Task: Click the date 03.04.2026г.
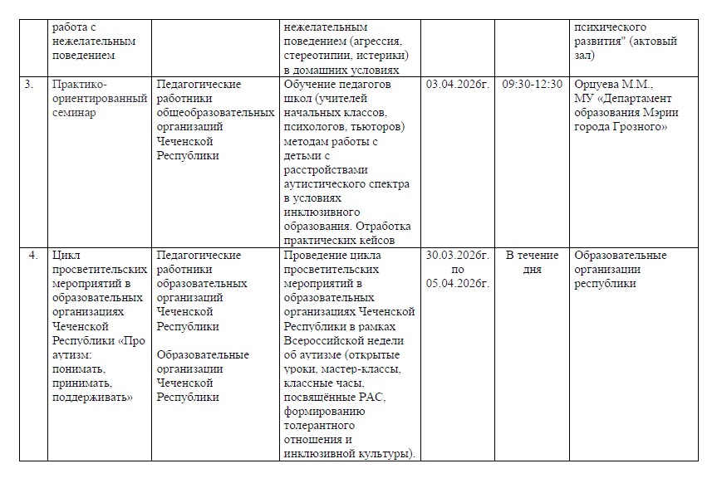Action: click(456, 85)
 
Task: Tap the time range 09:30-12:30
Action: click(532, 85)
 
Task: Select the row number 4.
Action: click(32, 255)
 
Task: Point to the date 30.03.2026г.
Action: click(456, 255)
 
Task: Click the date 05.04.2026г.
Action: click(456, 283)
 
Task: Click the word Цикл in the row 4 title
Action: click(65, 255)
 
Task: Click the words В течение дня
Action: click(532, 262)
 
